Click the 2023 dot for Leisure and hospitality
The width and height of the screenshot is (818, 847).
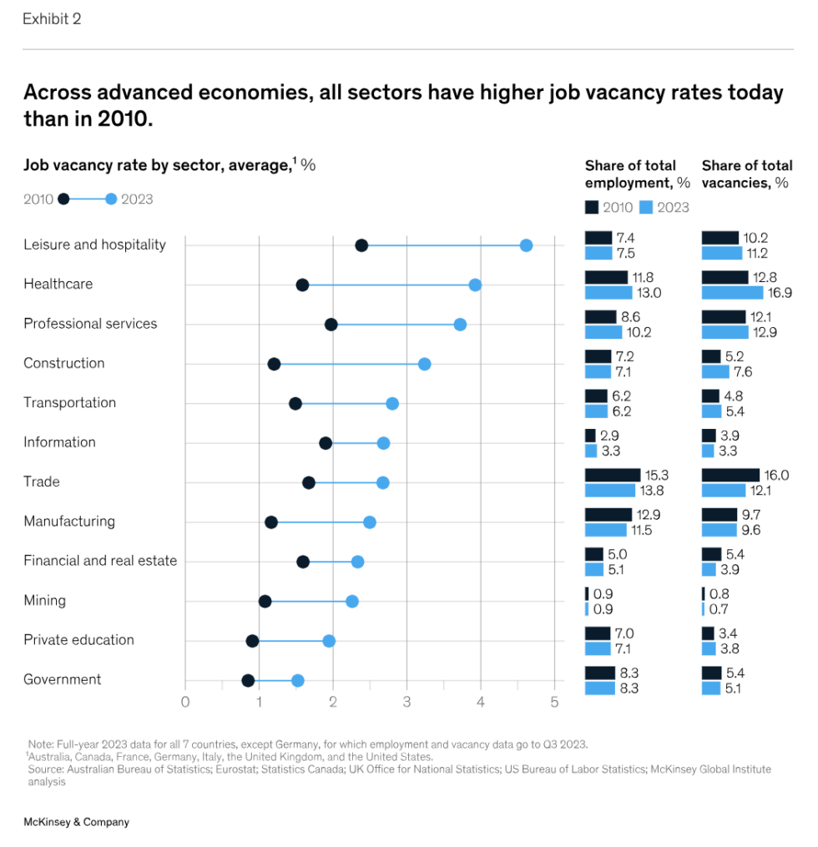pyautogui.click(x=526, y=245)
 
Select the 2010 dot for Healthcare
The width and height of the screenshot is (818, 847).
pyautogui.click(x=302, y=285)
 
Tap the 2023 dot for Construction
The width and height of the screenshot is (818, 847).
pyautogui.click(x=424, y=364)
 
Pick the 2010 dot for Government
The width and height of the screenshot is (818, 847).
pyautogui.click(x=248, y=680)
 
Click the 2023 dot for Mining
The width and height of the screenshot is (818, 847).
pyautogui.click(x=352, y=601)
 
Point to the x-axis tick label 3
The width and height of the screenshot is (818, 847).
pyautogui.click(x=406, y=702)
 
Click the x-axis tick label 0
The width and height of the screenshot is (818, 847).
pyautogui.click(x=185, y=702)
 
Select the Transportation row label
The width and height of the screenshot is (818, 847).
pyautogui.click(x=69, y=402)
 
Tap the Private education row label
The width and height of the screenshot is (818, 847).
pyautogui.click(x=78, y=640)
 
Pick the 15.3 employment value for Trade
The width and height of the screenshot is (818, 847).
pyautogui.click(x=659, y=475)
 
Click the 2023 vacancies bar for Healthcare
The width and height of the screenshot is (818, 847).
pyautogui.click(x=732, y=293)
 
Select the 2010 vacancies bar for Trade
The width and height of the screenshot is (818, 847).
pyautogui.click(x=730, y=475)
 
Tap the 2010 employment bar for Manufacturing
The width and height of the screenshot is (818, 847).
pyautogui.click(x=608, y=514)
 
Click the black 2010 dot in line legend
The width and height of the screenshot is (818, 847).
pyautogui.click(x=63, y=199)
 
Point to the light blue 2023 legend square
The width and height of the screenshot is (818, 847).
pyautogui.click(x=646, y=207)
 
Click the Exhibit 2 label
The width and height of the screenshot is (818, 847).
pyautogui.click(x=52, y=18)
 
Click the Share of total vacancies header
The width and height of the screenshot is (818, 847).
pyautogui.click(x=746, y=174)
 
